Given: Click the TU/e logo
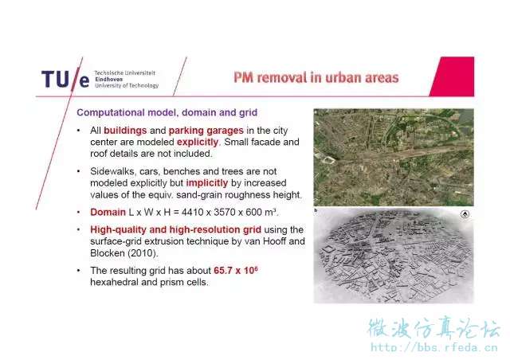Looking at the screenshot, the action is pyautogui.click(x=65, y=80).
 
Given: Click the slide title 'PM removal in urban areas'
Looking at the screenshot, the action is pyautogui.click(x=316, y=78).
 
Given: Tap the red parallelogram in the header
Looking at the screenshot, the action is pyautogui.click(x=452, y=76).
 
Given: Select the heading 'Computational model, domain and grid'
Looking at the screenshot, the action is pyautogui.click(x=167, y=112).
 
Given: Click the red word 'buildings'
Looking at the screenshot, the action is pyautogui.click(x=125, y=131).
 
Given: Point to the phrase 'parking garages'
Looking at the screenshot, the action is pyautogui.click(x=206, y=131).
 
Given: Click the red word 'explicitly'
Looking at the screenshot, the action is pyautogui.click(x=198, y=142).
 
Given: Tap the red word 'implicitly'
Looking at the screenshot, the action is pyautogui.click(x=207, y=183).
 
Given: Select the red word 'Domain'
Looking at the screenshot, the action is pyautogui.click(x=108, y=213).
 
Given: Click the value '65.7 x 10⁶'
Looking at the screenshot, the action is pyautogui.click(x=236, y=270).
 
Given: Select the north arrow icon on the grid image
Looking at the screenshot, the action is pyautogui.click(x=465, y=214).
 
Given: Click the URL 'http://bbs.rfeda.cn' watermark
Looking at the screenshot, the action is pyautogui.click(x=434, y=347).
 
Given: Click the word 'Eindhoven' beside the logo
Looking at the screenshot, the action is pyautogui.click(x=109, y=80).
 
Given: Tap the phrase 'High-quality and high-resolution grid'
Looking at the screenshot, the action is pyautogui.click(x=175, y=230).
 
